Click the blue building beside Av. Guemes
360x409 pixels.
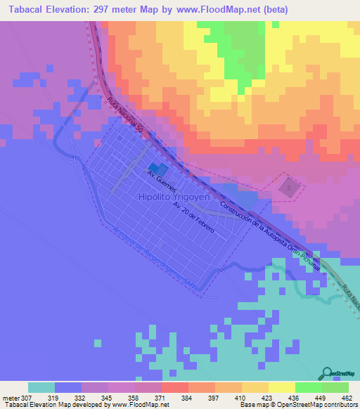[x=157, y=170]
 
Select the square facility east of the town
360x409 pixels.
[x=288, y=188]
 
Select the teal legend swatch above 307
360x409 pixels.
[x=41, y=387]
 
